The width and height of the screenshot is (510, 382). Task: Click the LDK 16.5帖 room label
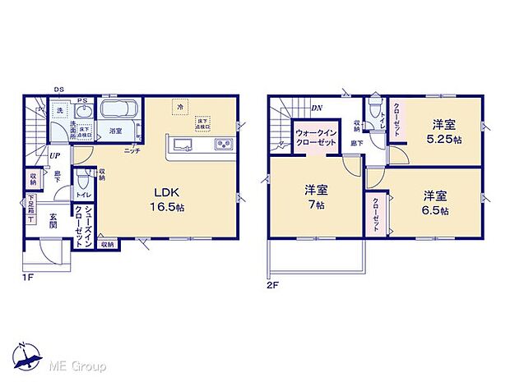pos(167,200)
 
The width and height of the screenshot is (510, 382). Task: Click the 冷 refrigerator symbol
pos(178,107)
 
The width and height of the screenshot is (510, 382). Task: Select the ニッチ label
pos(132,150)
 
